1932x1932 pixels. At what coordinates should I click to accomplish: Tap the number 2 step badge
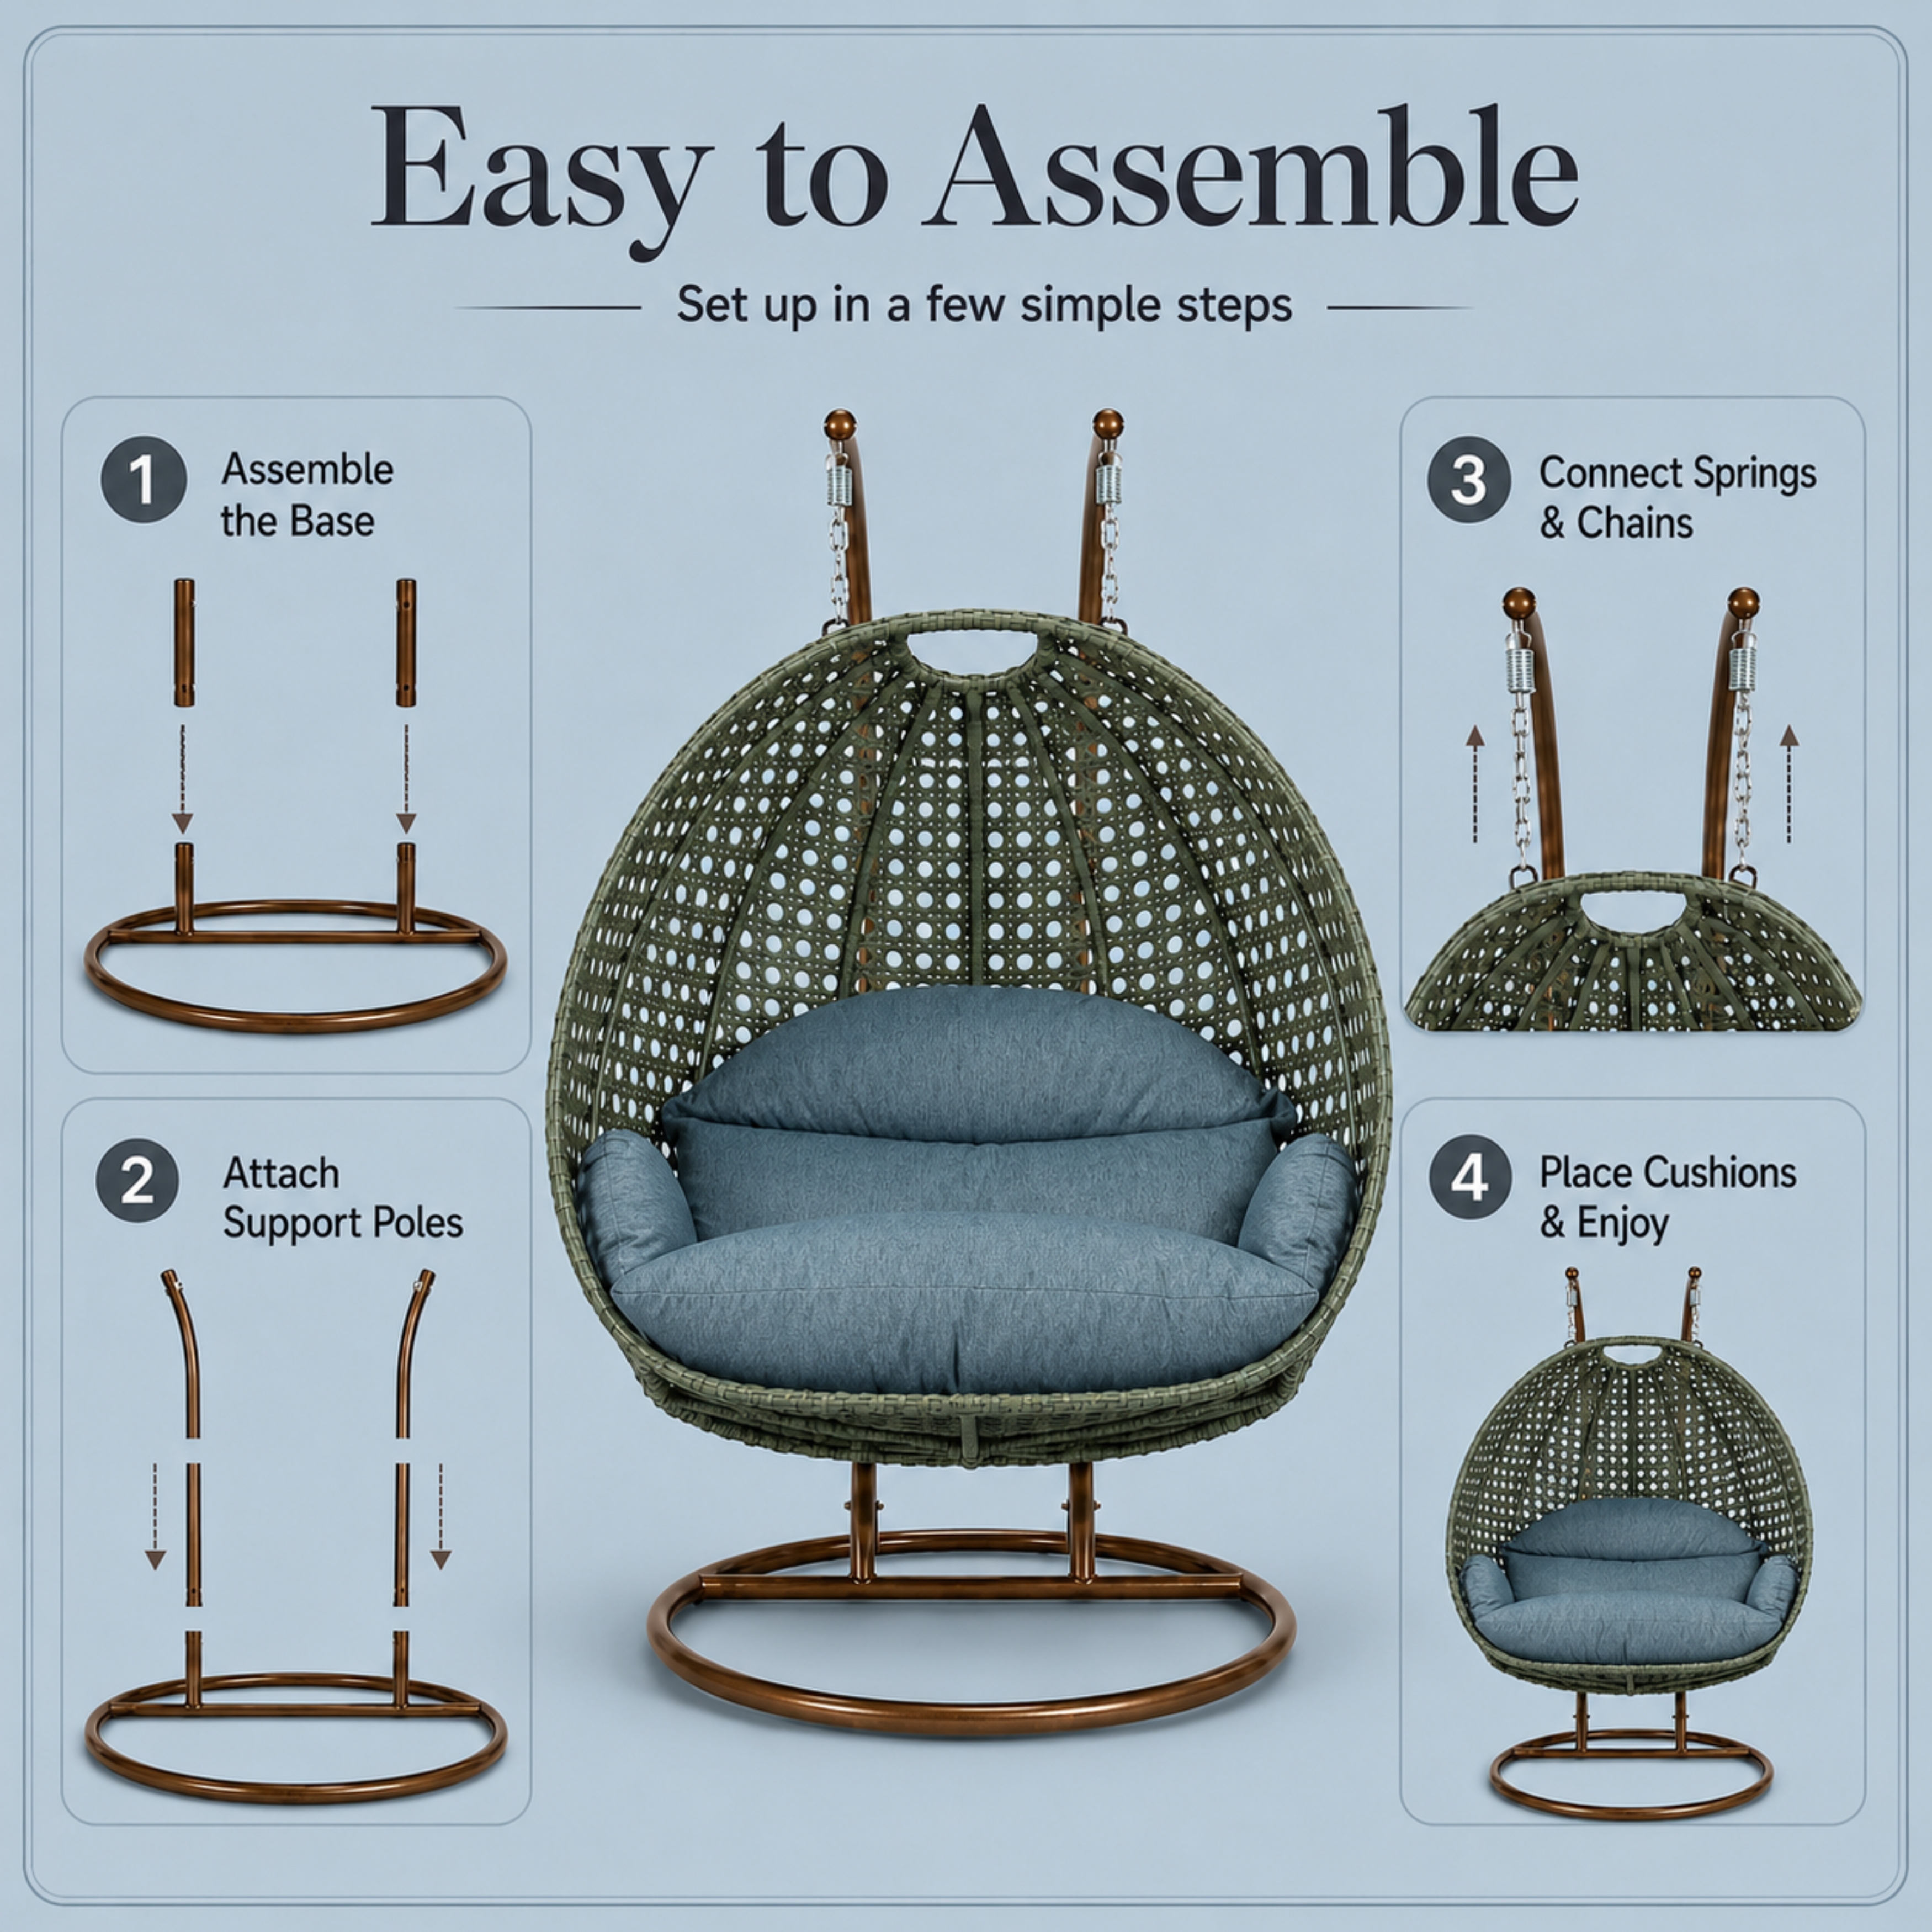[x=138, y=1180]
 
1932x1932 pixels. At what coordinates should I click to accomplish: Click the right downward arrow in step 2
[x=440, y=1516]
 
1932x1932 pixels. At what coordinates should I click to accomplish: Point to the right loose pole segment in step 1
[x=405, y=642]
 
